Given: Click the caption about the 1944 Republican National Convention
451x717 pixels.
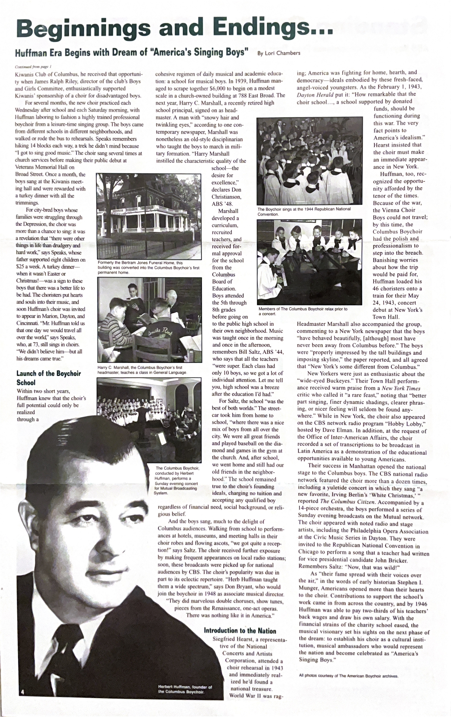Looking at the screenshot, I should click(x=304, y=211).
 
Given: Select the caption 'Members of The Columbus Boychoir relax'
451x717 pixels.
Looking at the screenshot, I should click(x=303, y=311).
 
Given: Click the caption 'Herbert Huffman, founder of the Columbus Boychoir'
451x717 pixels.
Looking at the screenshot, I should click(x=185, y=689).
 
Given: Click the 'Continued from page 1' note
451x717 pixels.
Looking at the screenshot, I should click(x=33, y=67).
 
